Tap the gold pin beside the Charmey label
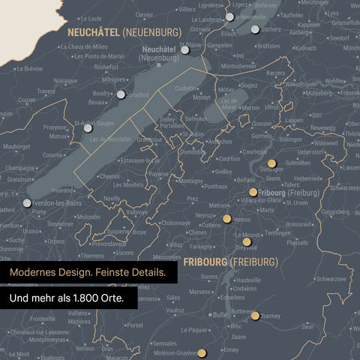255,316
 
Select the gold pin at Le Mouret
247,241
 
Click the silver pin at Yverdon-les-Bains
28,202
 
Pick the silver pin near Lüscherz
256,29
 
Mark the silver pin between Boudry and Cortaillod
121,94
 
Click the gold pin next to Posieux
227,219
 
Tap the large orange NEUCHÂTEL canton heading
94,32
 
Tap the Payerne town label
159,173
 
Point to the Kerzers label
275,73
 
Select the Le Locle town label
90,18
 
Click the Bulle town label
220,315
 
